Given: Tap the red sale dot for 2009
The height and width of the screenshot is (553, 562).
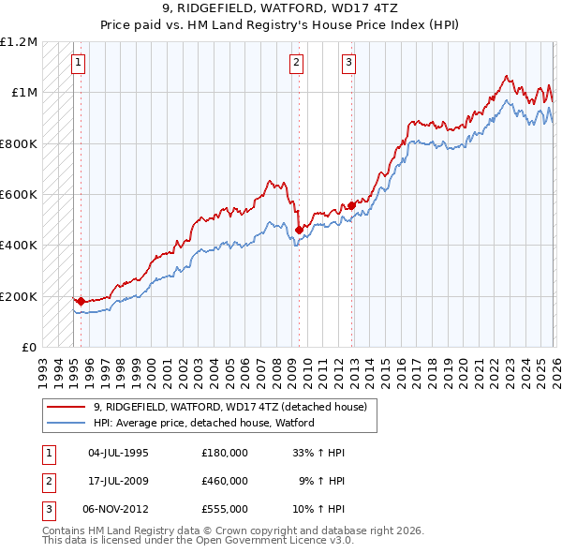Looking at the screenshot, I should tap(299, 229).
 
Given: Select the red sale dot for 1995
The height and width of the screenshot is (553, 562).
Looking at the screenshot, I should tap(81, 301).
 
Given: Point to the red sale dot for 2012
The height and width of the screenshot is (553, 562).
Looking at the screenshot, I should tap(351, 205).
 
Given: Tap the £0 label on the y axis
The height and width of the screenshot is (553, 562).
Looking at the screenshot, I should tap(28, 348).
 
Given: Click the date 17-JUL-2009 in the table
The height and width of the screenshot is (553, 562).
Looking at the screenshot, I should tap(118, 481).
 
